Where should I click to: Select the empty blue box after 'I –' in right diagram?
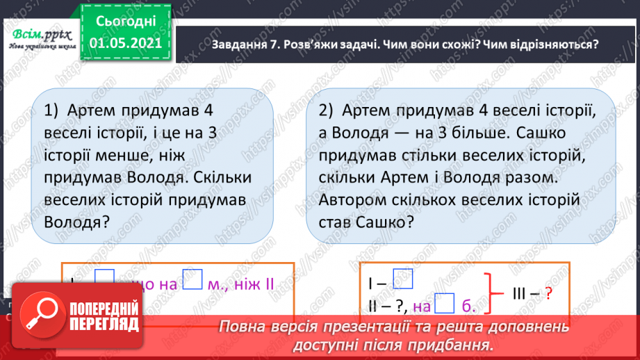[x=403, y=279]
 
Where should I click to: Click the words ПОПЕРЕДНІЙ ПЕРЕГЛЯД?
[x=110, y=318]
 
